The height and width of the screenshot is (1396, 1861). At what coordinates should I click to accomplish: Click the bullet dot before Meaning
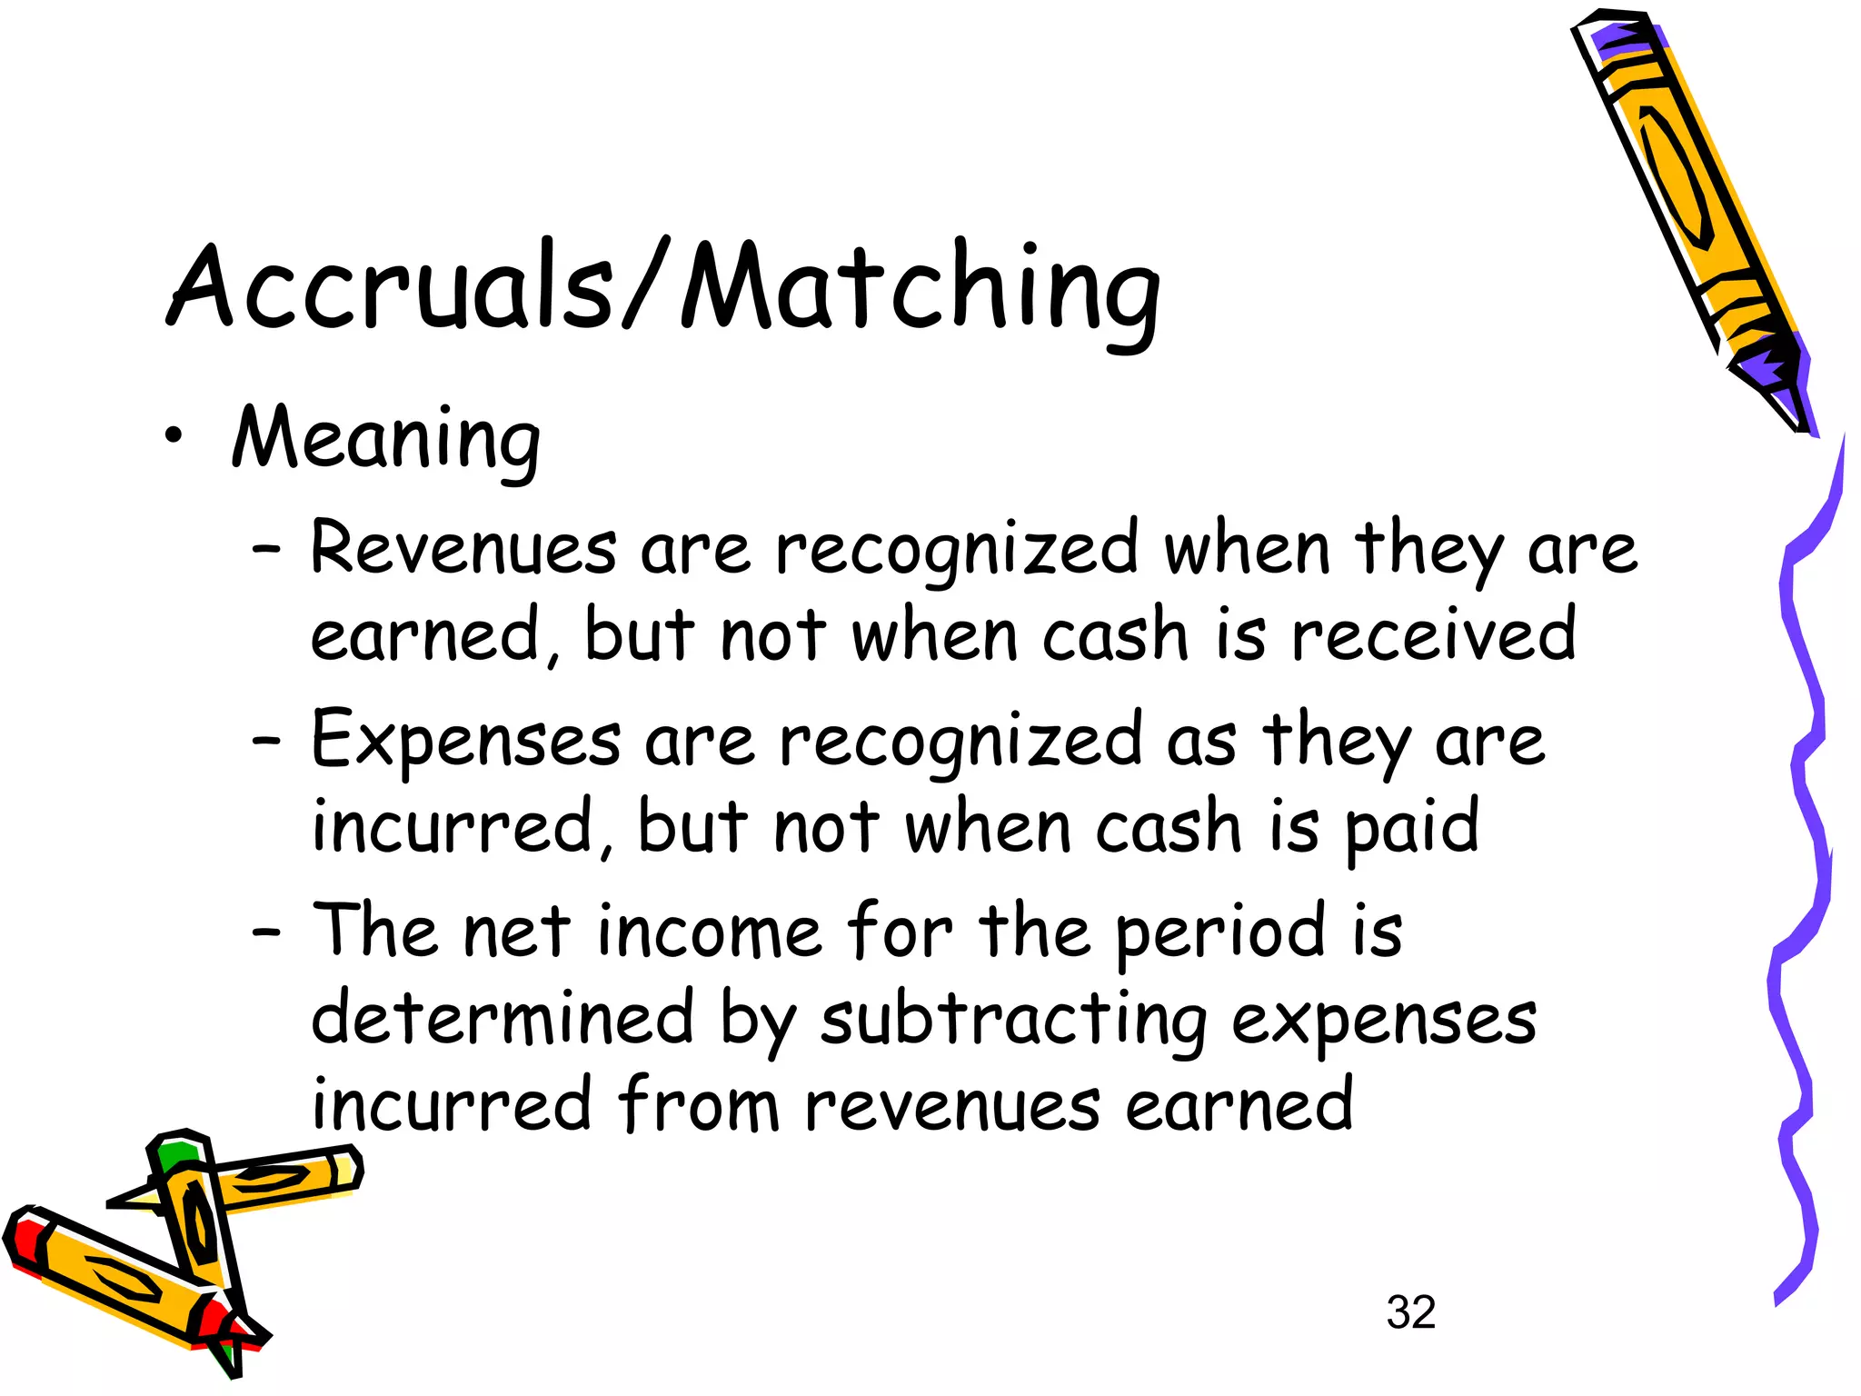pyautogui.click(x=174, y=437)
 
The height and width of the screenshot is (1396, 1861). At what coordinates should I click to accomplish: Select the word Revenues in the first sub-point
pyautogui.click(x=463, y=549)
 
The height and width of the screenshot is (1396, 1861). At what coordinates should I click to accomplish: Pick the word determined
pyautogui.click(x=503, y=1018)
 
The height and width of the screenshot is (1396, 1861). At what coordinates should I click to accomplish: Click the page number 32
pyautogui.click(x=1410, y=1312)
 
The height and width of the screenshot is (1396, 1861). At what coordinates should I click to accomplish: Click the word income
pyautogui.click(x=710, y=932)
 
